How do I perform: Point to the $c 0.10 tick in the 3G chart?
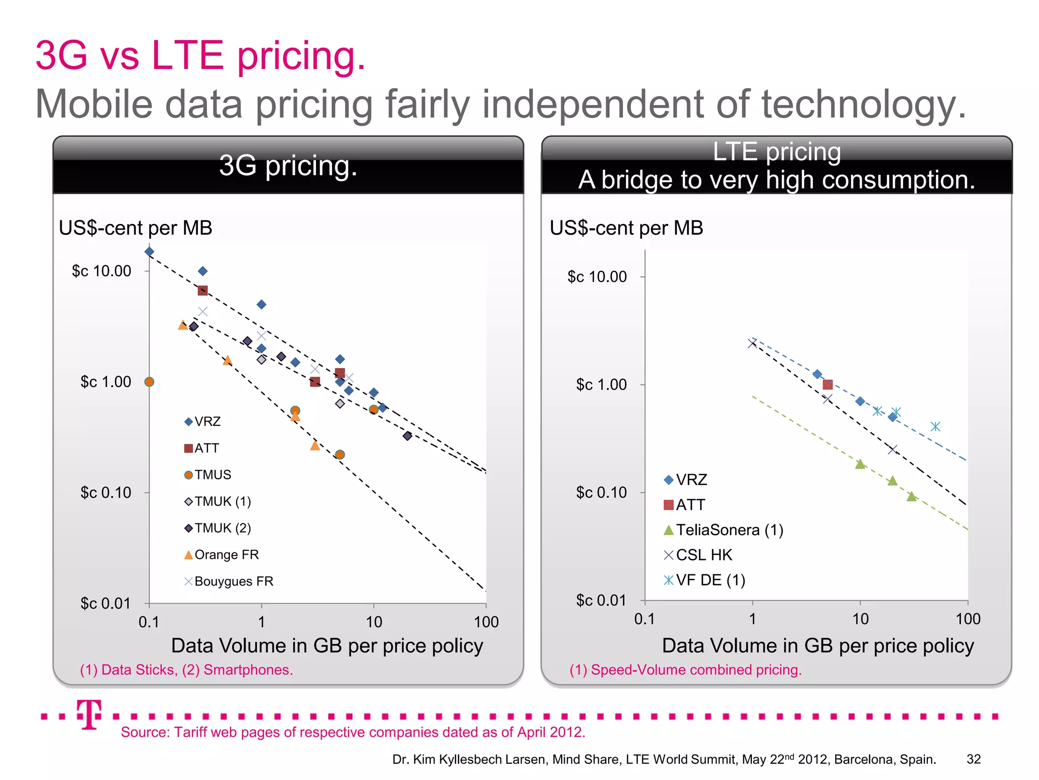pyautogui.click(x=106, y=493)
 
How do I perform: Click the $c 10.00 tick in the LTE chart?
pyautogui.click(x=597, y=277)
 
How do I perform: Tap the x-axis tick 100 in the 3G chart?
pyautogui.click(x=486, y=622)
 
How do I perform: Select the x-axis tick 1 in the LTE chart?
pyautogui.click(x=752, y=619)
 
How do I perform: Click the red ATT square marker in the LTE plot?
pyautogui.click(x=827, y=384)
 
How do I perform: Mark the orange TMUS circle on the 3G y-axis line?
pyautogui.click(x=149, y=382)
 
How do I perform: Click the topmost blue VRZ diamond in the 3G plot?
pyautogui.click(x=149, y=251)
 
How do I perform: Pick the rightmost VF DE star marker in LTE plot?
pyautogui.click(x=936, y=427)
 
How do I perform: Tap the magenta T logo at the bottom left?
pyautogui.click(x=89, y=714)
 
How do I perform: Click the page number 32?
pyautogui.click(x=973, y=759)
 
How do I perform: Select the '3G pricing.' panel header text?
pyautogui.click(x=288, y=166)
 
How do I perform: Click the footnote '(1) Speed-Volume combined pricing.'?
pyautogui.click(x=685, y=670)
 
